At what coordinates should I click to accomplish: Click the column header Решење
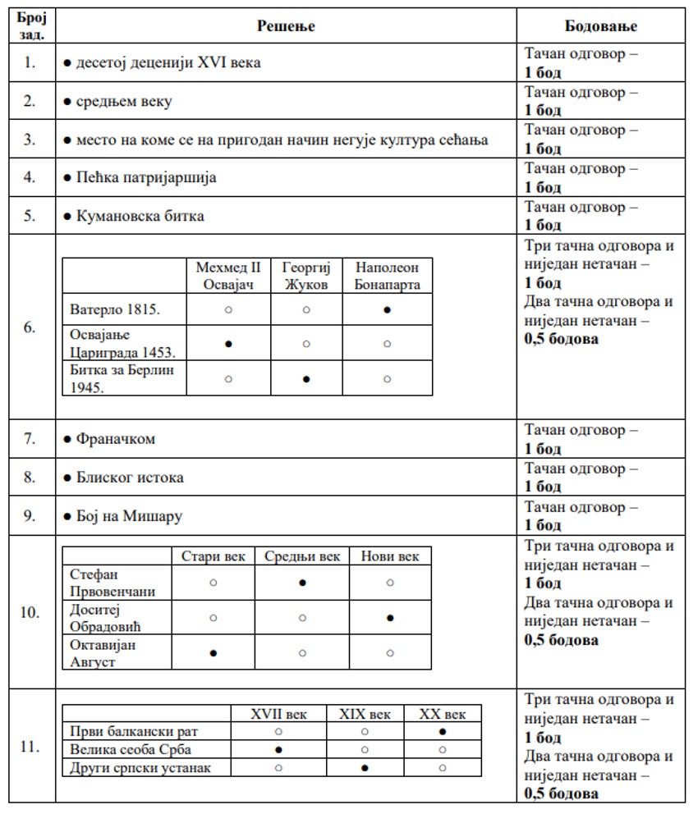286,26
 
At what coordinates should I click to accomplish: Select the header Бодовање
601,26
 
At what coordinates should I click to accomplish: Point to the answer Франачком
115,439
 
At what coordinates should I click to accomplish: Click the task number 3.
30,139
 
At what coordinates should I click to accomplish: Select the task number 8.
30,478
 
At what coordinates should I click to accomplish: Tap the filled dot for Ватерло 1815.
387,310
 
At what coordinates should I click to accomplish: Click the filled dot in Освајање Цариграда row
228,344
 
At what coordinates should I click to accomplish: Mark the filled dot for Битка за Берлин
306,379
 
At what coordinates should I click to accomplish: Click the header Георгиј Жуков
305,277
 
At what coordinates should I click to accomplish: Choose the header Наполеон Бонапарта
387,277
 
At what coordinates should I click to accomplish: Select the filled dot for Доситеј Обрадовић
389,618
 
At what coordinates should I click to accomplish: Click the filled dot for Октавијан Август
214,653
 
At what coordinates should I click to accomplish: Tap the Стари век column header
214,556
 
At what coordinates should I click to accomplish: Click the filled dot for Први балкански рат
443,731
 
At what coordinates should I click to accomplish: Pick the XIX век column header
365,714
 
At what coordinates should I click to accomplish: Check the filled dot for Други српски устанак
365,768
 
